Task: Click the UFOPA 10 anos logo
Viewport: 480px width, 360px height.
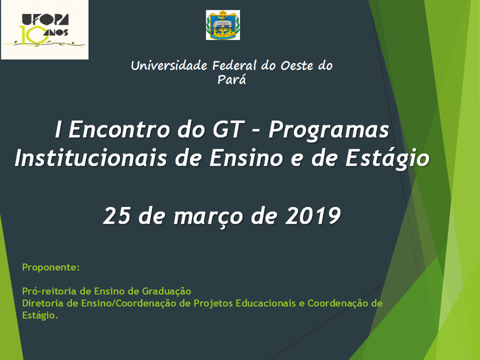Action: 44,29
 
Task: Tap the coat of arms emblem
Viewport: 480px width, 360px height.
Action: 223,25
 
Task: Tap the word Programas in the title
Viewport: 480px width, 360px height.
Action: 328,130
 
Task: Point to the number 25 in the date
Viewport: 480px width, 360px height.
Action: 117,215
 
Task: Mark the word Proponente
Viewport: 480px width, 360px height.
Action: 50,266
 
